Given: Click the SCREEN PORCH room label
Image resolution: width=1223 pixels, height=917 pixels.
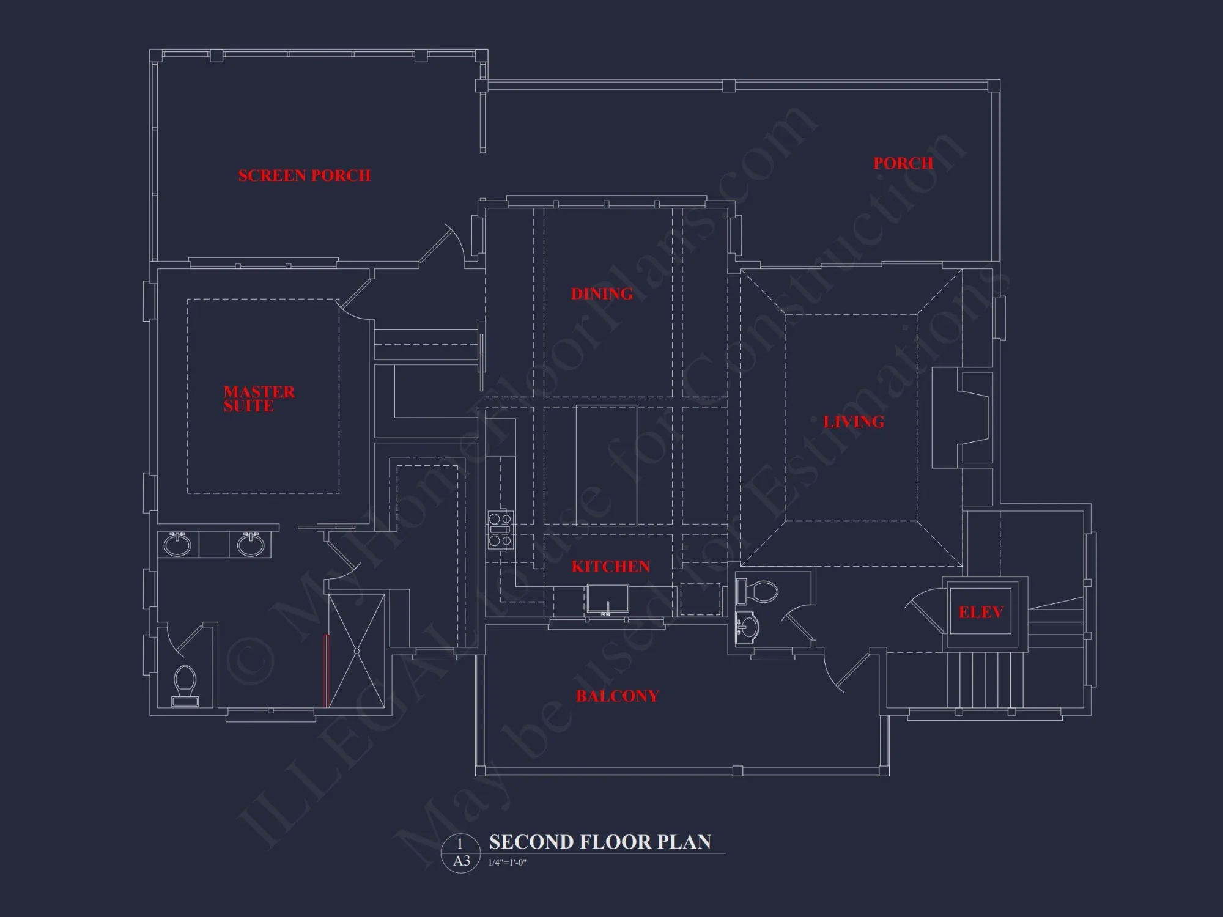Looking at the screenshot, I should tap(304, 175).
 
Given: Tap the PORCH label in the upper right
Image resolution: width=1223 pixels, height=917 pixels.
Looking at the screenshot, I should tap(903, 163).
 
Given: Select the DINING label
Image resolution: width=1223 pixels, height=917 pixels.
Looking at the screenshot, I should tap(602, 294).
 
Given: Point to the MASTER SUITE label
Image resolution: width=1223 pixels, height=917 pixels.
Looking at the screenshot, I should tap(259, 399).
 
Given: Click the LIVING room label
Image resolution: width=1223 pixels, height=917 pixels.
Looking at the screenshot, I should tap(854, 422).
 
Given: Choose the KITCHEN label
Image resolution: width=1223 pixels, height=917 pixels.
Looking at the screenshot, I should tap(610, 567).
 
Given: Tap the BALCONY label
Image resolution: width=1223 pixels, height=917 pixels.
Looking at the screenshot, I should tap(617, 696).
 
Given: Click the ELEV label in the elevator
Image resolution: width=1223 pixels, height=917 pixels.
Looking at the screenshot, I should tap(980, 613).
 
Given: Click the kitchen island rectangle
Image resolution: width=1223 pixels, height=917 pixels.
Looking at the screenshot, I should tap(606, 465).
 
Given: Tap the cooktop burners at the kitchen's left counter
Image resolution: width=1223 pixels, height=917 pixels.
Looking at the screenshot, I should tap(500, 529).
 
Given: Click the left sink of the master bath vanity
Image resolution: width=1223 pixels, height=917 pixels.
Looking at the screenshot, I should tap(177, 544).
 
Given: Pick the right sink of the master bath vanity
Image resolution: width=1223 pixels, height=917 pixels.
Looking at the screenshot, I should tap(250, 544).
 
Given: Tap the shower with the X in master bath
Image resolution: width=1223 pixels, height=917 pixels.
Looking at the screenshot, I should tap(357, 650).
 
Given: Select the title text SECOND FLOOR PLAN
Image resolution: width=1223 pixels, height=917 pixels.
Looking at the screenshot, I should tap(600, 842).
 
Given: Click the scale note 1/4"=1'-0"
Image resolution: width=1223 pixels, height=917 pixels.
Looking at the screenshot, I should tap(507, 863).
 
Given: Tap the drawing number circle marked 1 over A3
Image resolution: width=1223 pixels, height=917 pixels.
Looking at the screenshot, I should tap(461, 853).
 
